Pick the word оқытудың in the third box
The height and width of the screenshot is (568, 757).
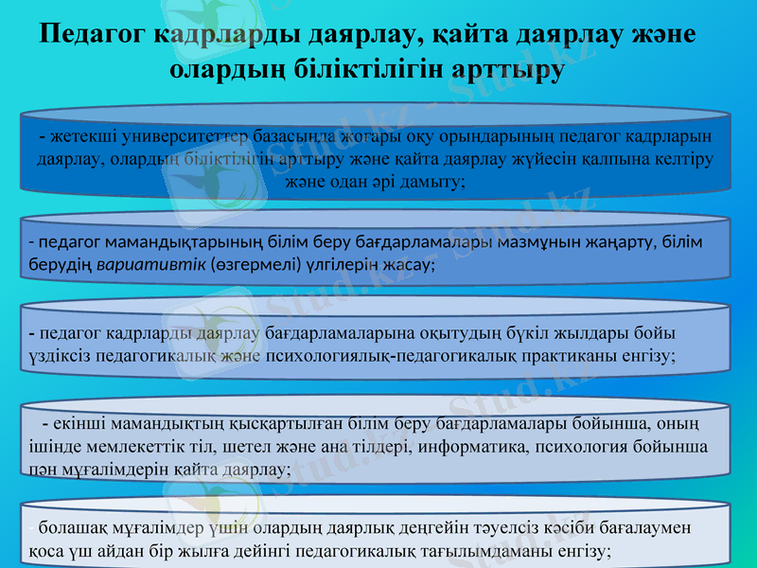(x=448, y=334)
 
